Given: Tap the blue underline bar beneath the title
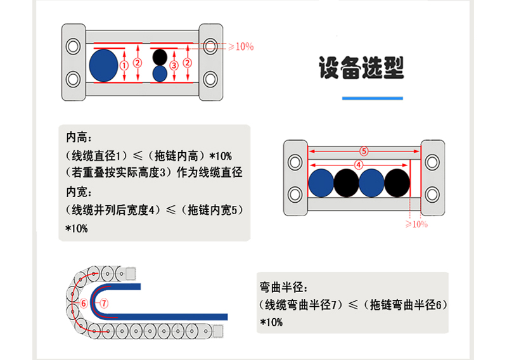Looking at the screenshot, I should click(372, 98).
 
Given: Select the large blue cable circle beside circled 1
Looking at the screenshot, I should click(103, 64).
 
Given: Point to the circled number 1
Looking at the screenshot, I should click(124, 65).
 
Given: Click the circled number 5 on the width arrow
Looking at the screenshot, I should click(364, 151).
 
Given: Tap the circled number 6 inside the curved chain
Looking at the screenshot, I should click(82, 303).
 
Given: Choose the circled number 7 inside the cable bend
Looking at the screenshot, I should click(105, 303).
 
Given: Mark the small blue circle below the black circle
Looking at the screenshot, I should click(160, 73).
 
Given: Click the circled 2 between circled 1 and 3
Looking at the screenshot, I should click(138, 63).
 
